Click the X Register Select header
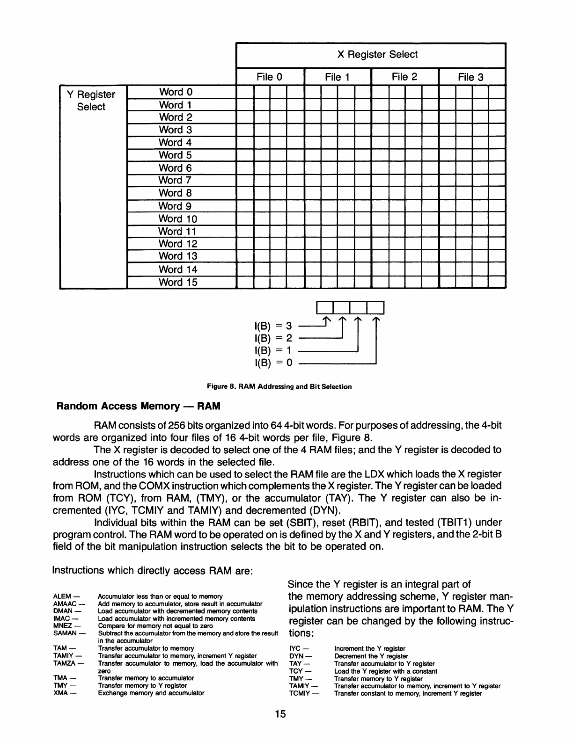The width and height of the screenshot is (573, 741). click(377, 55)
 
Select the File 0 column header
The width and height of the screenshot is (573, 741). click(270, 77)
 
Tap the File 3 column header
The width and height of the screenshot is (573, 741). click(470, 77)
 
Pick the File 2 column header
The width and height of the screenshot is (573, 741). click(404, 77)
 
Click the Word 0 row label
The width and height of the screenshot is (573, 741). click(176, 92)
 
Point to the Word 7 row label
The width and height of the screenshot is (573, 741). click(176, 180)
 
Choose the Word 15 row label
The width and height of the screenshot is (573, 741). click(178, 282)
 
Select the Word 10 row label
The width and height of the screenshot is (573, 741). click(178, 218)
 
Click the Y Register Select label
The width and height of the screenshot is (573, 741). click(91, 101)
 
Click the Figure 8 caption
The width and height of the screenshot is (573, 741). click(279, 387)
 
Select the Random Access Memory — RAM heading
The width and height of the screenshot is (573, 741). click(138, 406)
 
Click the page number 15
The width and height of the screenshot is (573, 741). click(280, 714)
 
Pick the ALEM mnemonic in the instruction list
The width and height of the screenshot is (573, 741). click(63, 596)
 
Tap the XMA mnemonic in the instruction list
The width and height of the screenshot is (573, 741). click(62, 693)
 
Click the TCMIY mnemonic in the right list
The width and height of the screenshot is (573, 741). click(300, 693)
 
